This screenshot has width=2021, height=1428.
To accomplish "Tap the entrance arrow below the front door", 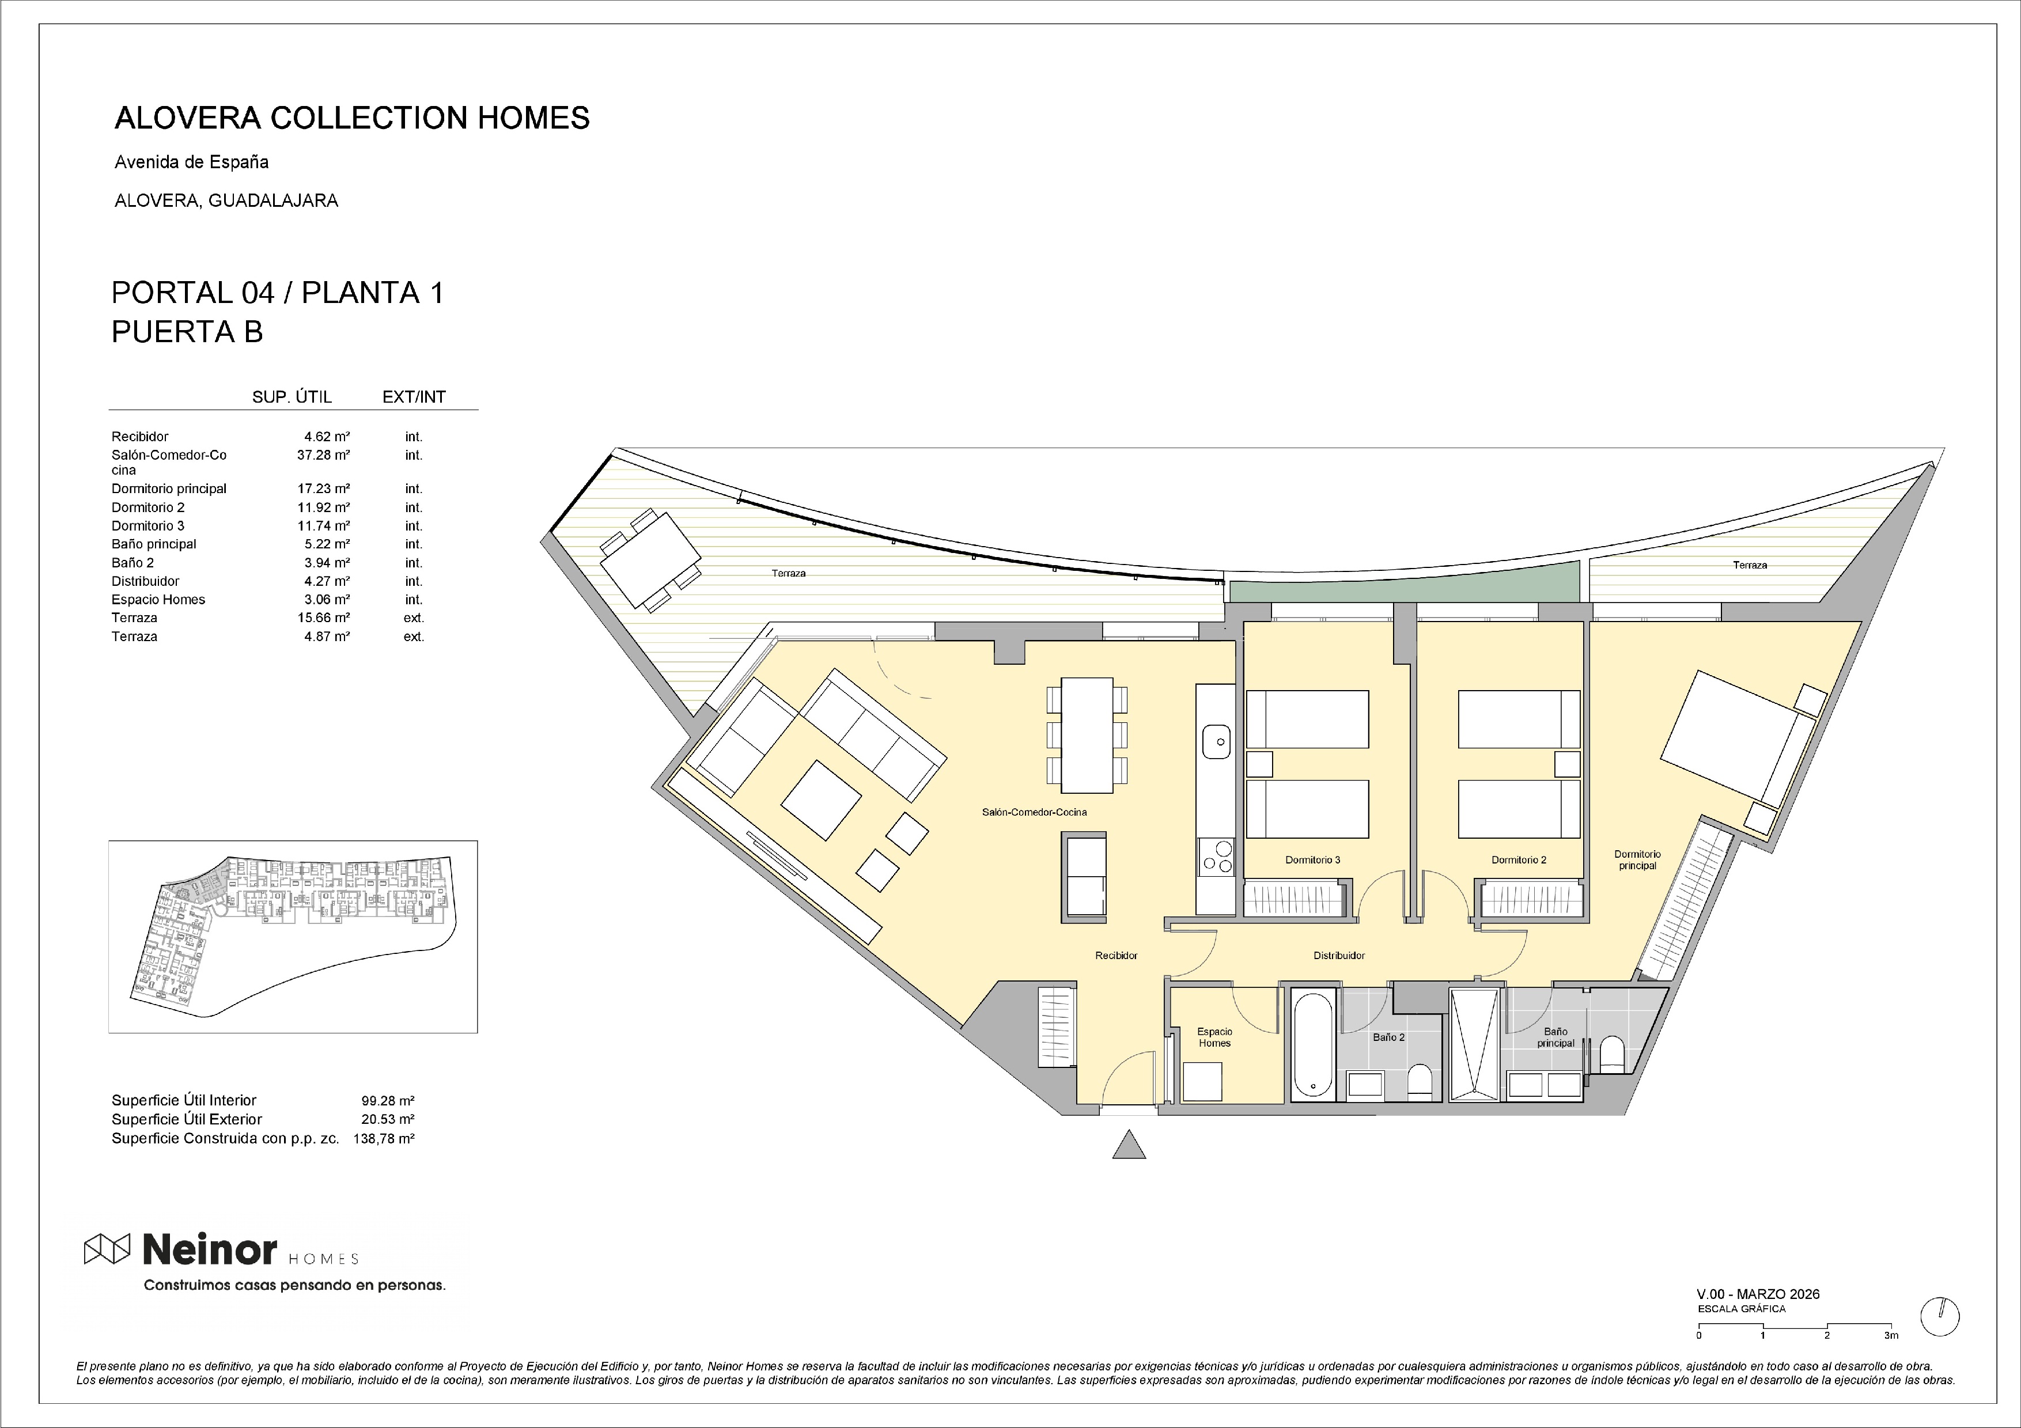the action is (1129, 1145).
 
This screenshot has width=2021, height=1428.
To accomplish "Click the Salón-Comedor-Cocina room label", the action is (1034, 812).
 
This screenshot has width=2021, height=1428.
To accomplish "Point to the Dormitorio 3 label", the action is (1312, 859).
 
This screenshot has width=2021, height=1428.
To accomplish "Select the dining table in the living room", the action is (1087, 734).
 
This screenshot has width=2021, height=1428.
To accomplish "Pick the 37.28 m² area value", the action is (323, 455).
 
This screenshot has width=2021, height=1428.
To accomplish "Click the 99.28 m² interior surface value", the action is (387, 1100).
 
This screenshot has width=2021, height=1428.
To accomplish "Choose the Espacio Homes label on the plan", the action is (1214, 1037).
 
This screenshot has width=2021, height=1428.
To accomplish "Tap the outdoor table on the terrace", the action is (650, 559).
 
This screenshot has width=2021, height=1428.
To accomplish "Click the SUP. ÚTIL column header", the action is (292, 397).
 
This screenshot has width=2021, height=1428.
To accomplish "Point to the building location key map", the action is (293, 936).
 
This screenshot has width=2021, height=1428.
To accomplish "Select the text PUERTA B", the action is (187, 332).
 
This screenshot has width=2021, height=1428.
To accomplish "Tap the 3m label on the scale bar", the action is (1891, 1335).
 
